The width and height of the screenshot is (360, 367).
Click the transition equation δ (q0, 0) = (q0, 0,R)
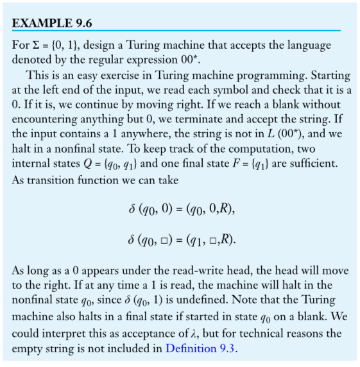coord(180,210)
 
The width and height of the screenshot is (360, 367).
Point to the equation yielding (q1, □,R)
coord(180,240)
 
